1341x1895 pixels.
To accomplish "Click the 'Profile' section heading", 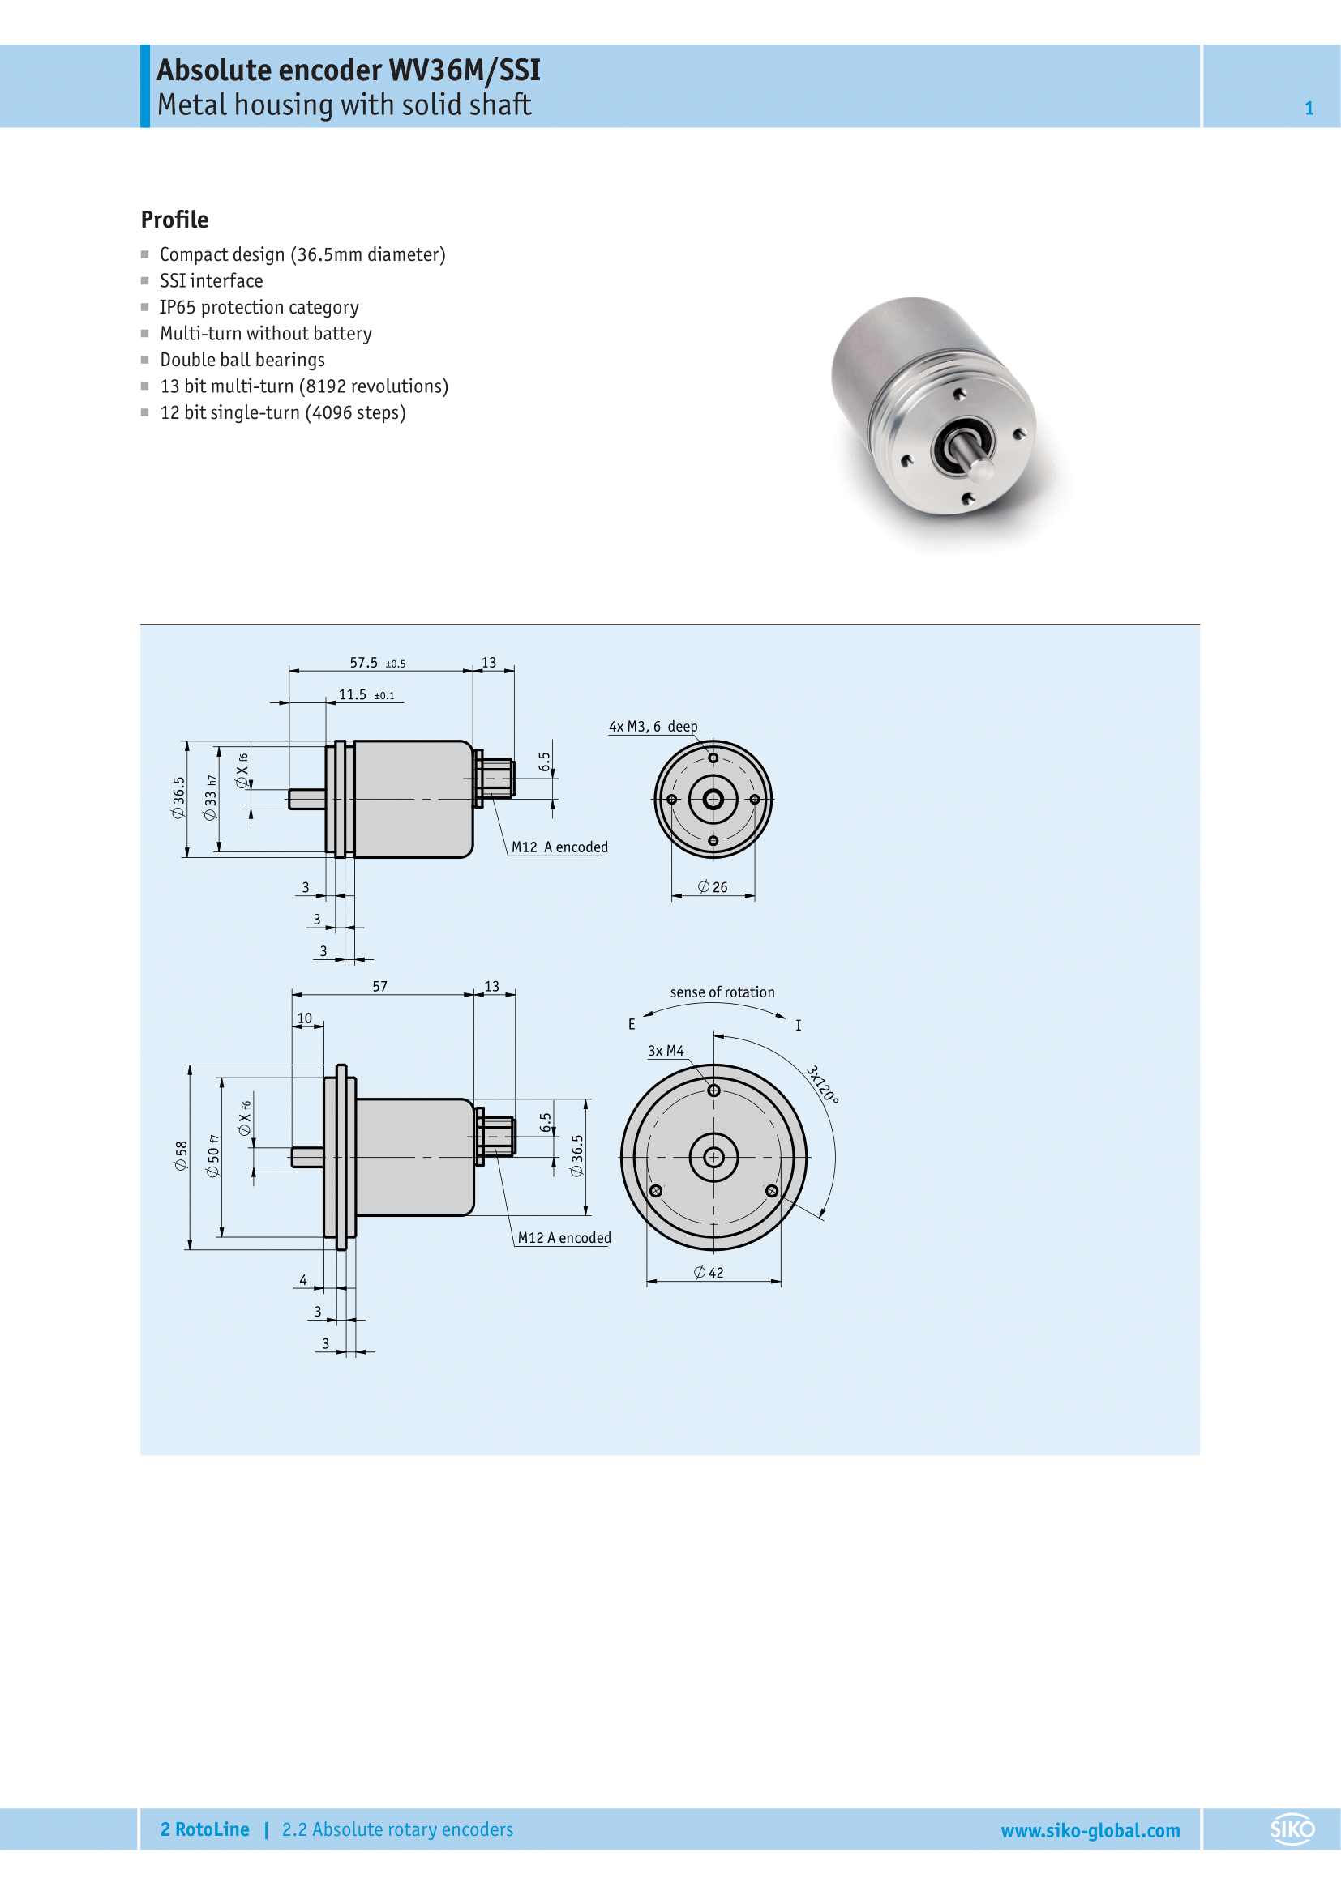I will (174, 220).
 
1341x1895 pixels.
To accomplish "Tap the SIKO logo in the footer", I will (1292, 1829).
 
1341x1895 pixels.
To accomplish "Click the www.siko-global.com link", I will (1090, 1830).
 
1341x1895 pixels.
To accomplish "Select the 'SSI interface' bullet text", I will (212, 280).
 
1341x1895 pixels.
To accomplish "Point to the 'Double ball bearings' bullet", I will (242, 360).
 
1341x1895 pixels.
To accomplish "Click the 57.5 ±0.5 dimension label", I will (376, 663).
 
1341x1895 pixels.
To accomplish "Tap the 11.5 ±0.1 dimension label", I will (366, 695).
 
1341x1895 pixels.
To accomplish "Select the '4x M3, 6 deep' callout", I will (653, 726).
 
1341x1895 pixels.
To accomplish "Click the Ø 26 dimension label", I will (713, 887).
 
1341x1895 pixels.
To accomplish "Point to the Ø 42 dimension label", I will (709, 1273).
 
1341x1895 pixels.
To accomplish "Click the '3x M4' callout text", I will (666, 1051).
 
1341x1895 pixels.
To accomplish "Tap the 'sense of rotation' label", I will (722, 992).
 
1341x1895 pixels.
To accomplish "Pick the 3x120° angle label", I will (822, 1085).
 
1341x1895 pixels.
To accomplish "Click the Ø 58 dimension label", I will (180, 1155).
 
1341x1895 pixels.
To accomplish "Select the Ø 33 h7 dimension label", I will (211, 797).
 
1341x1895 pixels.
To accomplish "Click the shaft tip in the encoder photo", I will (981, 470).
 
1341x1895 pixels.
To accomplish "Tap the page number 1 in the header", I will (1309, 108).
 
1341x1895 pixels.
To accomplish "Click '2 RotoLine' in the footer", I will (205, 1829).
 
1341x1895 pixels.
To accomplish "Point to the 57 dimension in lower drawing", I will (379, 986).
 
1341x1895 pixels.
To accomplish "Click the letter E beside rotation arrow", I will (632, 1024).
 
